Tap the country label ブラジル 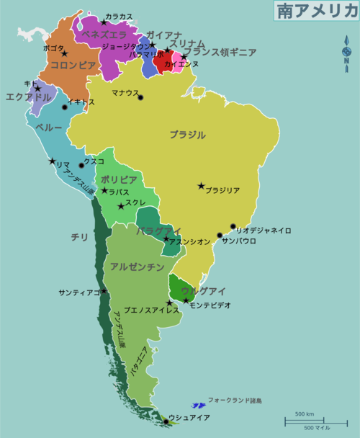187,135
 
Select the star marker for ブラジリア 201,186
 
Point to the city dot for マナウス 140,98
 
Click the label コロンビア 72,65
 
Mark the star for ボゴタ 64,54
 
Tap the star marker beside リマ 52,161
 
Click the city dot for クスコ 81,166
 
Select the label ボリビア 119,179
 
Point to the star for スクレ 120,207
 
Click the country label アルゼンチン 137,267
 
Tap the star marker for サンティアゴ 104,291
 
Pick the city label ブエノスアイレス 151,311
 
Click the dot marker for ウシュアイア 166,421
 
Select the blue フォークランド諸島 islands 197,406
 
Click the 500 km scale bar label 304,414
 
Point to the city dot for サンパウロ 220,235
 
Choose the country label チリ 79,236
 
